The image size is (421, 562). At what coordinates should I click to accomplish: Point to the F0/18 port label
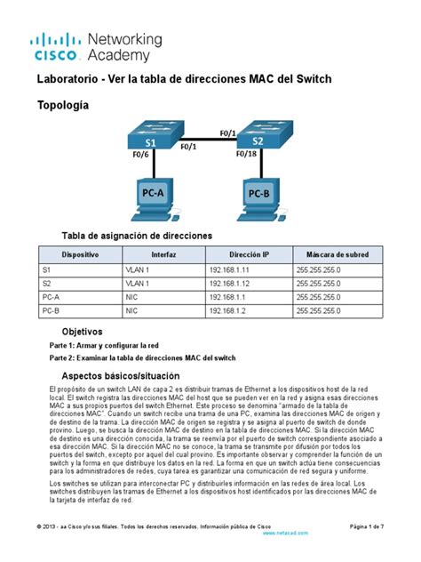point(248,155)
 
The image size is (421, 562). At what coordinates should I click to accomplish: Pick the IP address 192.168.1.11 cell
point(230,268)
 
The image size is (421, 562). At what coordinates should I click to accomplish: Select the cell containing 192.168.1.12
point(230,282)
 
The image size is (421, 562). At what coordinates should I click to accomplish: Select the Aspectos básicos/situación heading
point(123,376)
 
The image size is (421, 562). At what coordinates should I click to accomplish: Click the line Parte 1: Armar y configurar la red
point(105,345)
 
